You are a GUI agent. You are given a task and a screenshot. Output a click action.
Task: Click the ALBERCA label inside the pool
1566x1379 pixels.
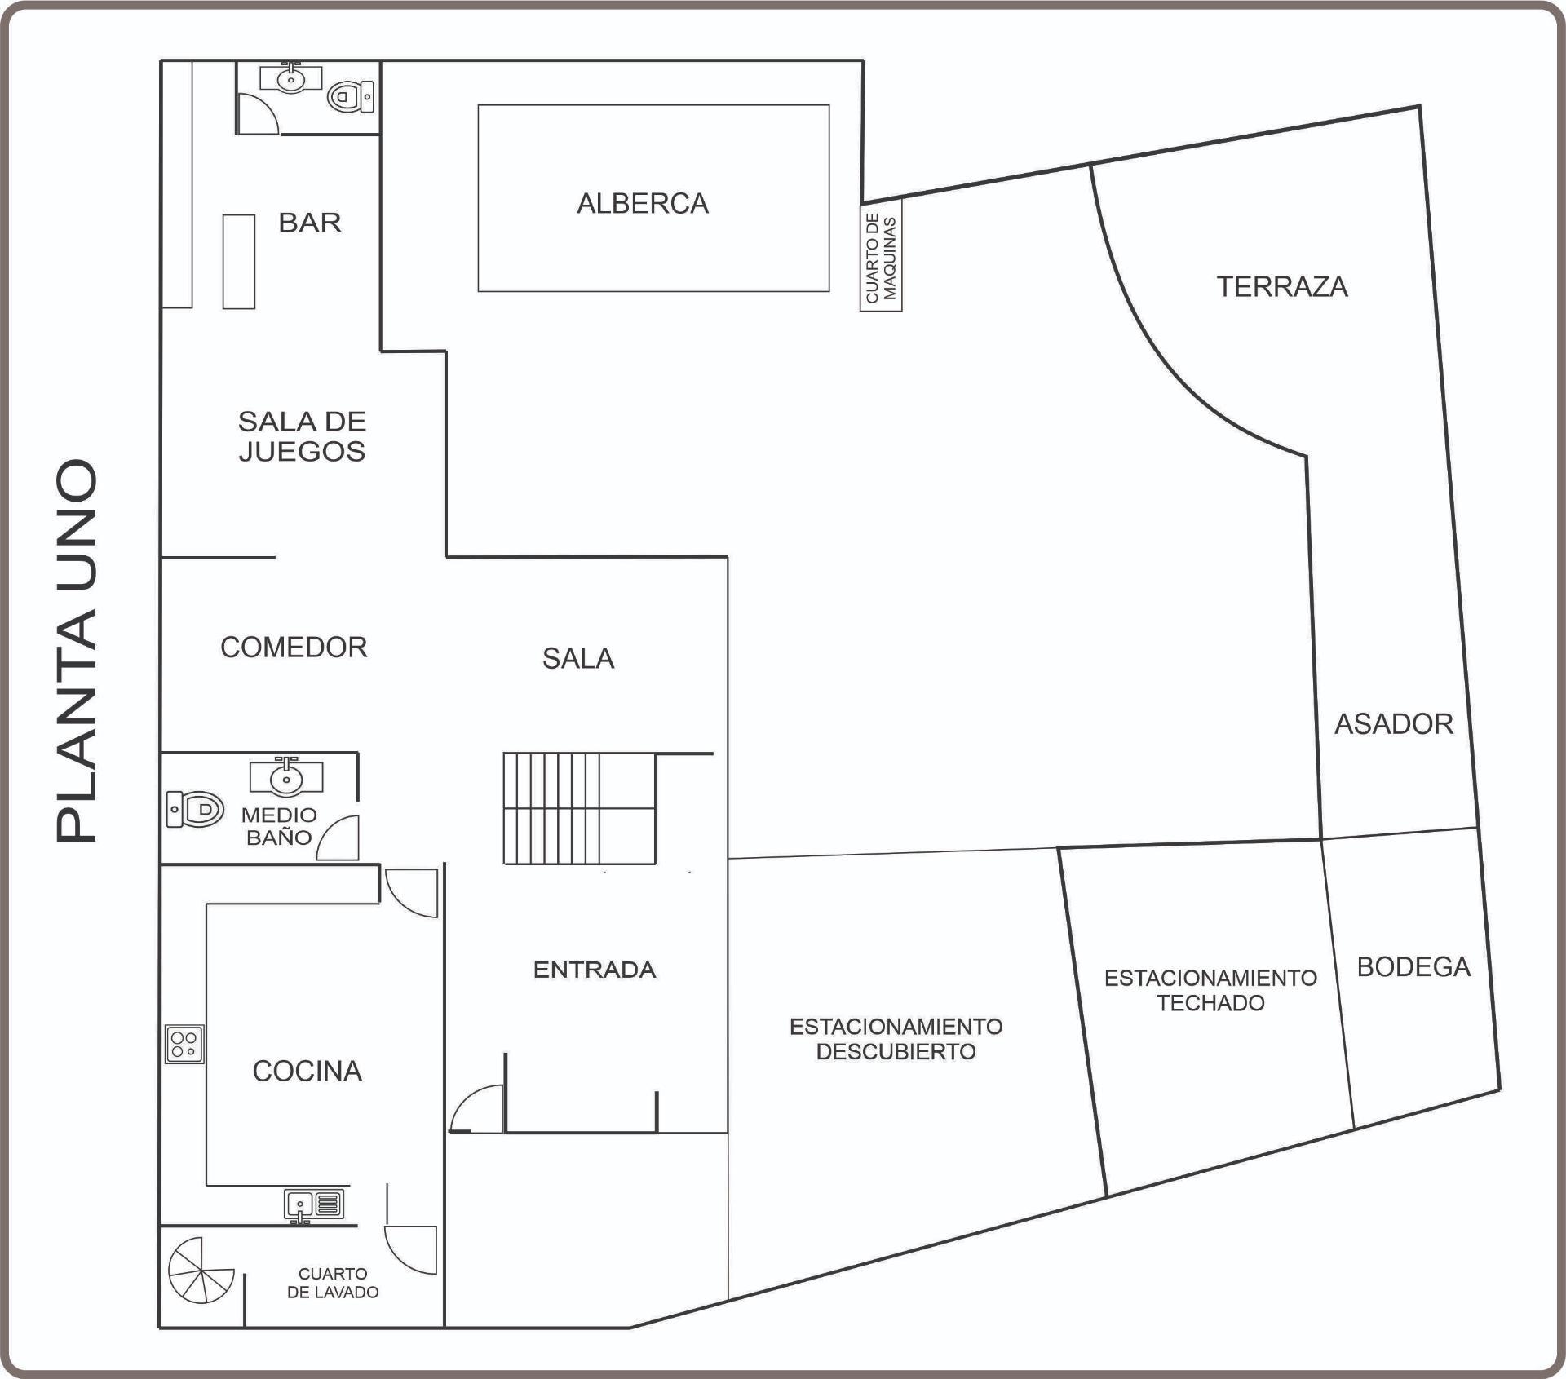click(x=643, y=203)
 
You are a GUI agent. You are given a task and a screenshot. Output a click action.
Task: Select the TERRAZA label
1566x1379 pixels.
click(x=1282, y=287)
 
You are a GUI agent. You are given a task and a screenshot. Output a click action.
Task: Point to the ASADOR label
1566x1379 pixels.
click(x=1394, y=724)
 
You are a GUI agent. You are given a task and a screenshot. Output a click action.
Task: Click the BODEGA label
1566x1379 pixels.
click(x=1413, y=967)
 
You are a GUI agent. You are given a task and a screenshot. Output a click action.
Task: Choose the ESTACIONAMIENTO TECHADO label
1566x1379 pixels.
click(x=1210, y=990)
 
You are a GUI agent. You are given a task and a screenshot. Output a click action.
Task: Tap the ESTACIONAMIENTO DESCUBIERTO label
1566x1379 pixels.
click(x=896, y=1039)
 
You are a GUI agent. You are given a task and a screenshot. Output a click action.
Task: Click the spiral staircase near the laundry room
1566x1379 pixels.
click(x=201, y=1270)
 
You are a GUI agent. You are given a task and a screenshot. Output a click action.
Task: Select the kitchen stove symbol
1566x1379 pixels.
click(x=184, y=1044)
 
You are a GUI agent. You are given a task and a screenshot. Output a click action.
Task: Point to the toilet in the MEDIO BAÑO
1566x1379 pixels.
click(x=195, y=810)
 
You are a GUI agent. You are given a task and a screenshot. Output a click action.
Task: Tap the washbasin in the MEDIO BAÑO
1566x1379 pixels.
click(x=286, y=776)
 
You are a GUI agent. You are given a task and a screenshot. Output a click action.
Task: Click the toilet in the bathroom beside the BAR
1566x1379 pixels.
click(x=351, y=97)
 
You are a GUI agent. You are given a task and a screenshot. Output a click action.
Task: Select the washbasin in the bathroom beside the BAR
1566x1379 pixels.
click(x=291, y=77)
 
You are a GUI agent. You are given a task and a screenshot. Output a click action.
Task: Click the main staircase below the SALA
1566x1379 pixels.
click(x=579, y=808)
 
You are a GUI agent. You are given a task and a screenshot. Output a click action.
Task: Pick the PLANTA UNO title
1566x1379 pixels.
click(x=77, y=651)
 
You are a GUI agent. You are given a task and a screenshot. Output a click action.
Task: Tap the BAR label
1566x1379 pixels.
click(x=310, y=223)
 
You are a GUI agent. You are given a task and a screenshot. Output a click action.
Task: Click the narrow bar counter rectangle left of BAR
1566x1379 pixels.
click(x=239, y=261)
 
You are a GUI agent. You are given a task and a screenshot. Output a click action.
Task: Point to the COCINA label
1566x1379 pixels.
click(x=307, y=1072)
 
